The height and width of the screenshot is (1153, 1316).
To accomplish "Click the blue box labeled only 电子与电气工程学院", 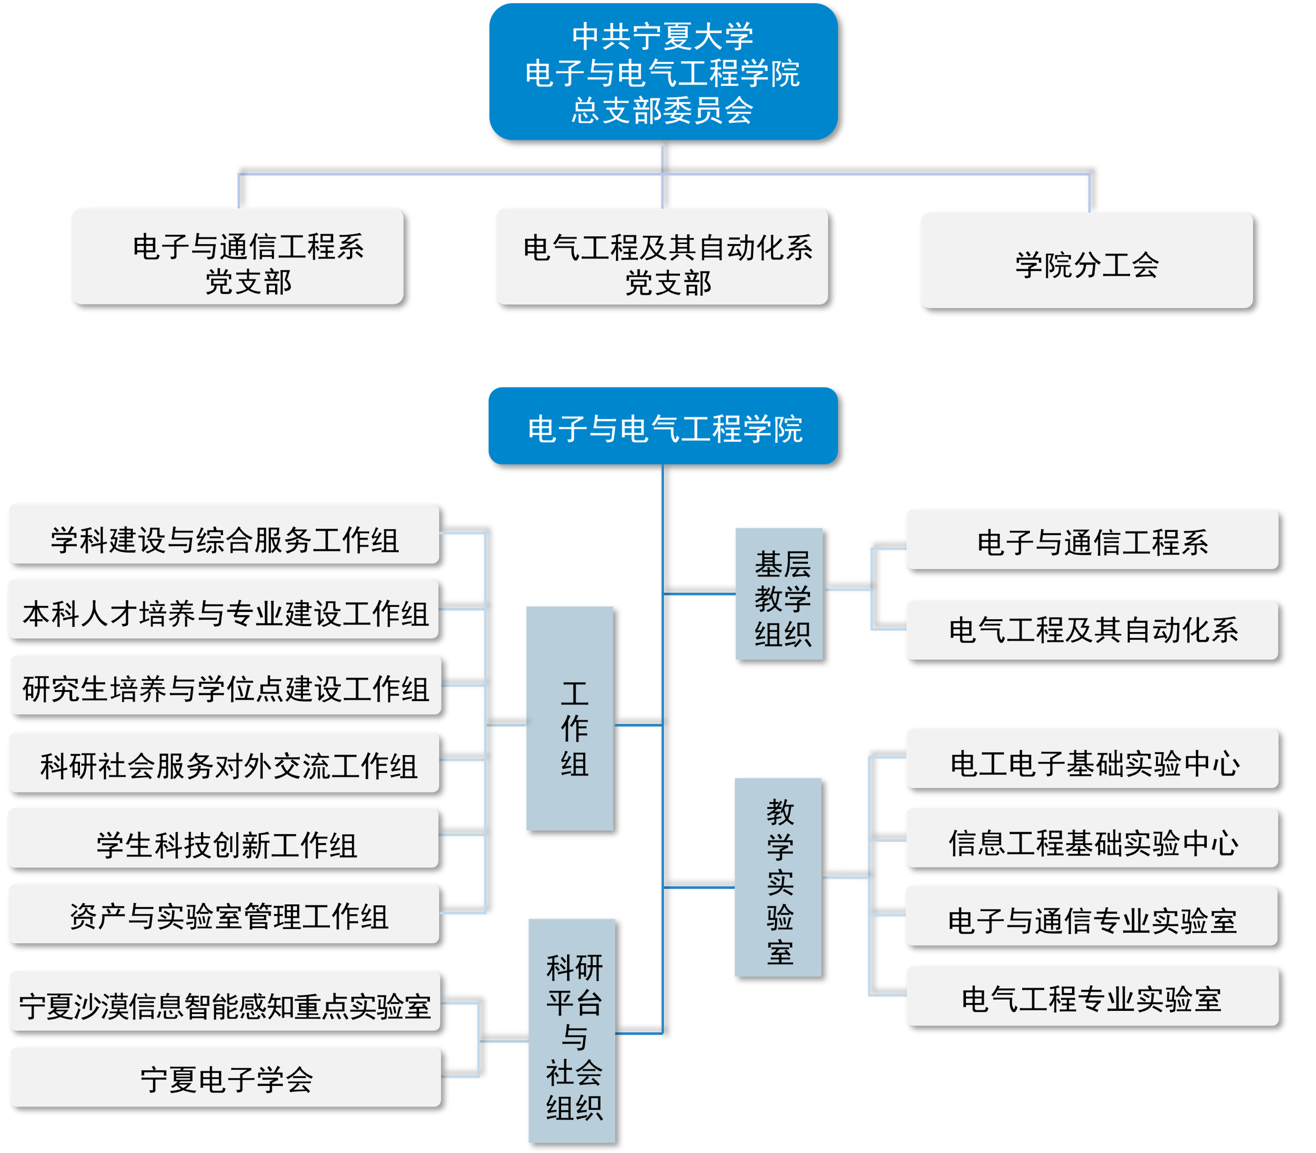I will [x=663, y=426].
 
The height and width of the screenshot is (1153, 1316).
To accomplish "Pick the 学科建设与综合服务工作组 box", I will [x=224, y=534].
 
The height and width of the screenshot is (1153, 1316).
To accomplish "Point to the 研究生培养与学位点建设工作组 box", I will [x=226, y=685].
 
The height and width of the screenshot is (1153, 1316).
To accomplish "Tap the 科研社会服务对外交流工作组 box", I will [x=224, y=763].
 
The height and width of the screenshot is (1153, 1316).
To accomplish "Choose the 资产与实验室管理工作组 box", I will [x=224, y=914].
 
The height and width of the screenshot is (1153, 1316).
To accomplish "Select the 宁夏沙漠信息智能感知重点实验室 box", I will [x=225, y=1001].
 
